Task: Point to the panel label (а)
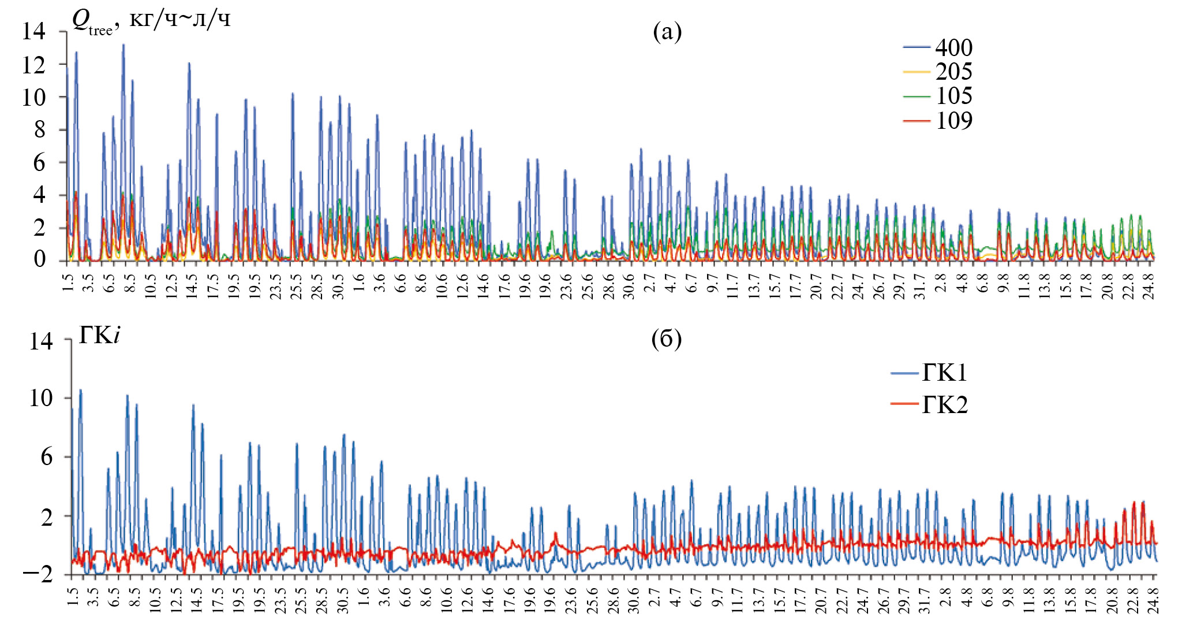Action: [667, 32]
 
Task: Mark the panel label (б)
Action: [667, 339]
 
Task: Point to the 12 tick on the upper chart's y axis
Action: [33, 65]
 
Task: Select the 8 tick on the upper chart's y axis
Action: [39, 130]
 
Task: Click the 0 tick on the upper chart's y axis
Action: [39, 260]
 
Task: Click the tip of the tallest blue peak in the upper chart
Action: [123, 44]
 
